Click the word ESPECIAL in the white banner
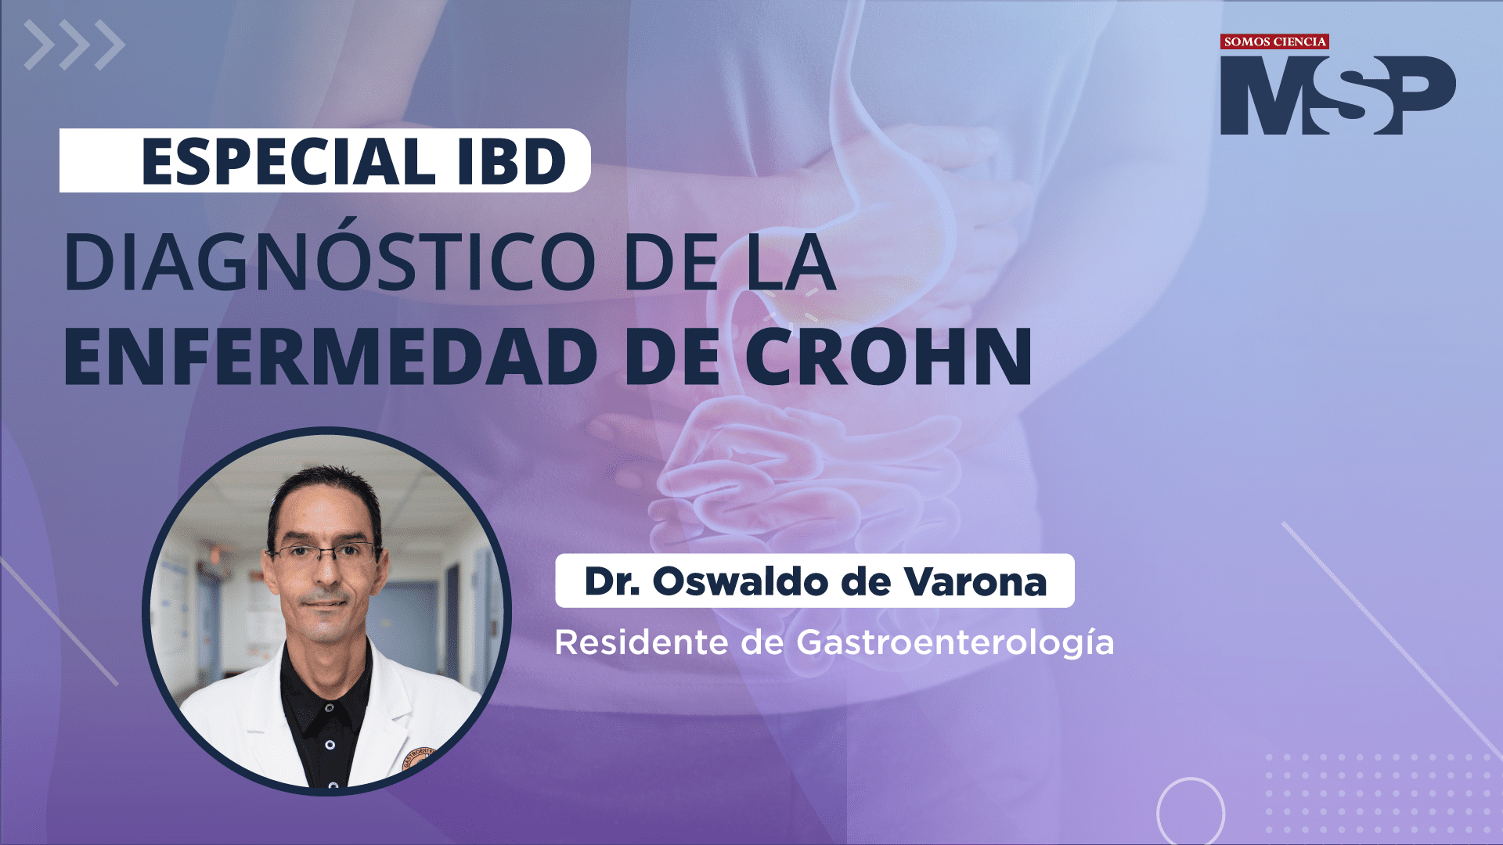tap(288, 162)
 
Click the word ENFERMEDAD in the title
tap(330, 356)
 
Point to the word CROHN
tap(888, 356)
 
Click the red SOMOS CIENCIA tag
tap(1274, 41)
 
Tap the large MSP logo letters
tap(1338, 95)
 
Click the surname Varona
tap(975, 581)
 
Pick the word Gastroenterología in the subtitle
tap(955, 644)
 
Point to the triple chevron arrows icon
tap(74, 45)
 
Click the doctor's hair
tap(323, 490)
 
